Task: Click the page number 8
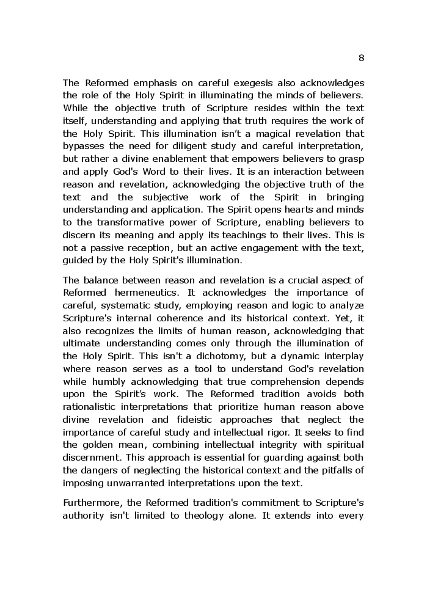(x=361, y=58)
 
